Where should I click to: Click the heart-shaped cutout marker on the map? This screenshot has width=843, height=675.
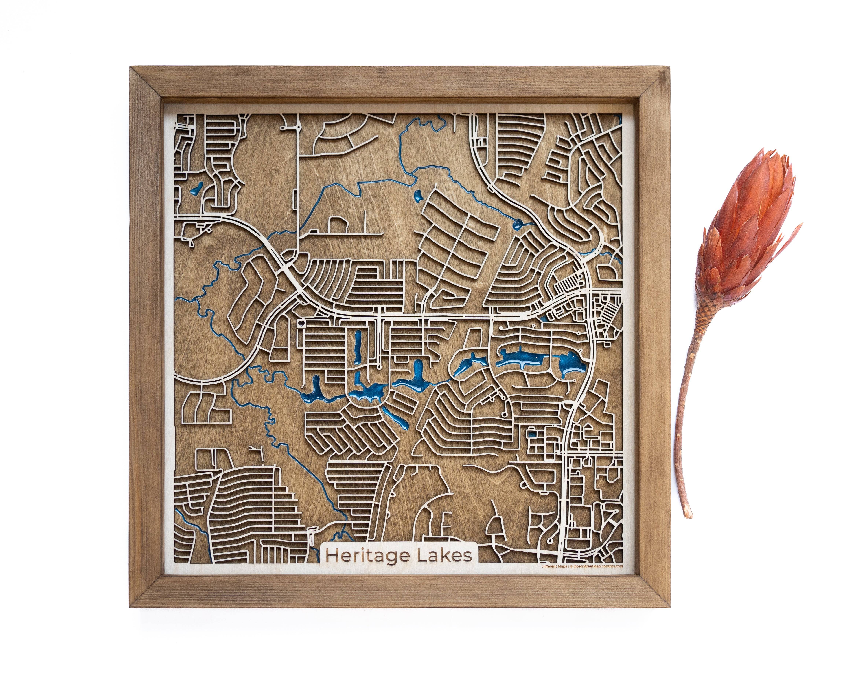[302, 324]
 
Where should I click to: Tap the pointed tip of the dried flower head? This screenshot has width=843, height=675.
[772, 151]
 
